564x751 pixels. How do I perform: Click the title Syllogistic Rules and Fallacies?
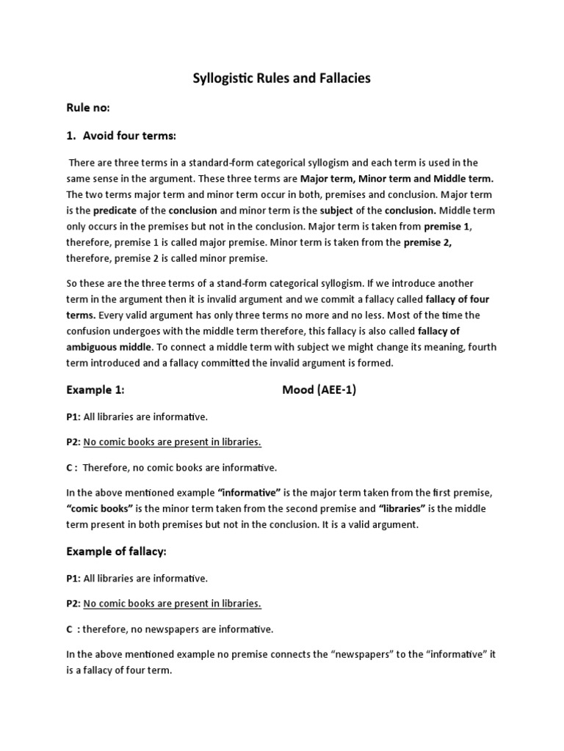pos(281,78)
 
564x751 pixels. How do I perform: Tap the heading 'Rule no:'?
pos(87,108)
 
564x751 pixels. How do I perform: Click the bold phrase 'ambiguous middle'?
pos(109,347)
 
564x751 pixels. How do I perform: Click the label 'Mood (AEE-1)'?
pos(319,390)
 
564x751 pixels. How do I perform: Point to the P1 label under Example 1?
pos(73,417)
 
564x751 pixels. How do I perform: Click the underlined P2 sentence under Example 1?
pos(172,442)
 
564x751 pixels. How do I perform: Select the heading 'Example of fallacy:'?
pos(119,551)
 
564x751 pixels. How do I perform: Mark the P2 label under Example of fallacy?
pos(73,603)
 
